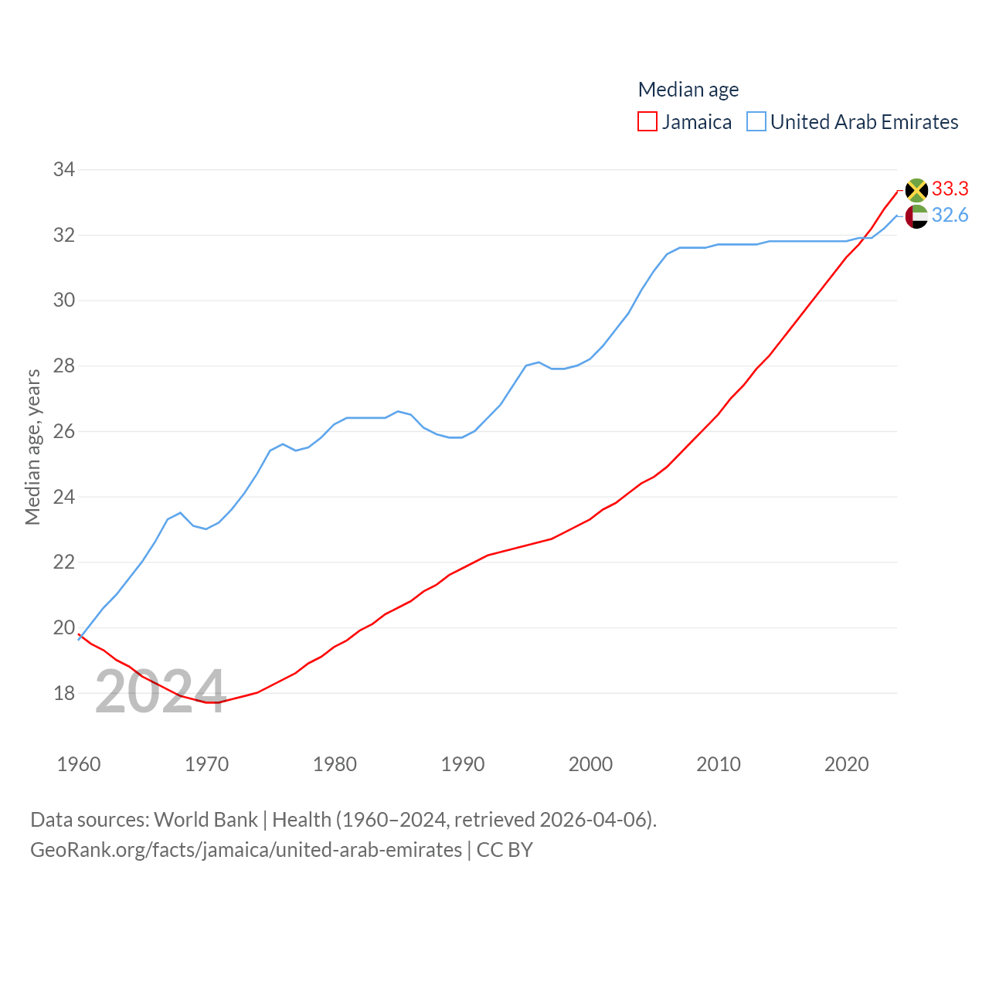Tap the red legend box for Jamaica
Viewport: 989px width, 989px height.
tap(647, 122)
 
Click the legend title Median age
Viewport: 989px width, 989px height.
tap(688, 90)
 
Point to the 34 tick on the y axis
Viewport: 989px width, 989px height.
tap(64, 169)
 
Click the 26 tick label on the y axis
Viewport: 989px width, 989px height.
tap(64, 431)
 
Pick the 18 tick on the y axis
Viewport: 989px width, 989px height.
tap(64, 693)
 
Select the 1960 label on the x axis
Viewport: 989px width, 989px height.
tap(79, 764)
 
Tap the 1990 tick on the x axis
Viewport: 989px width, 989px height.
tap(463, 764)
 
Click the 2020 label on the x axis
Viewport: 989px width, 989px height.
tap(847, 764)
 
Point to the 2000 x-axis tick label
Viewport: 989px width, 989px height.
tap(590, 764)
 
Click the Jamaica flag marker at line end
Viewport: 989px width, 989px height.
tap(916, 190)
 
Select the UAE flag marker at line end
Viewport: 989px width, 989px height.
tap(916, 216)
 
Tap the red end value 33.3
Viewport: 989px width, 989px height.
tap(950, 189)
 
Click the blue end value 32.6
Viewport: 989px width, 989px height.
tap(950, 215)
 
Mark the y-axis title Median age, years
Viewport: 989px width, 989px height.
tap(33, 447)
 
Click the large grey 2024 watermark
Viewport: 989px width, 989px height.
tap(161, 692)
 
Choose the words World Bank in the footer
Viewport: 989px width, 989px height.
tap(206, 819)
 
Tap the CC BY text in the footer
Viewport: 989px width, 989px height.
tap(505, 850)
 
